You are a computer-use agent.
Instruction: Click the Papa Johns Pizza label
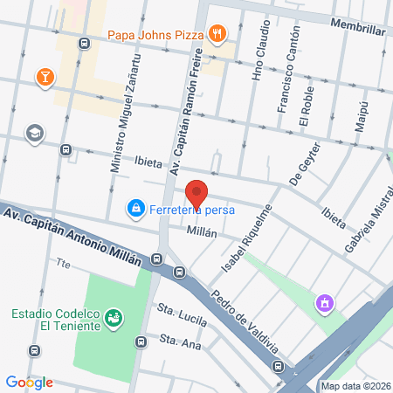click(155, 35)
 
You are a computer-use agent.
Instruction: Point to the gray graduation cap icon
click(35, 133)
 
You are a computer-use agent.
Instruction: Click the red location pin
click(197, 195)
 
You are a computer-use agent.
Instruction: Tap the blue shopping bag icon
click(135, 209)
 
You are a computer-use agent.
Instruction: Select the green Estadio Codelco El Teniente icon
click(113, 318)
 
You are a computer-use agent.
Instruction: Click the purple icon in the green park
click(324, 303)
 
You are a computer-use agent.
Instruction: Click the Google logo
click(30, 382)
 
